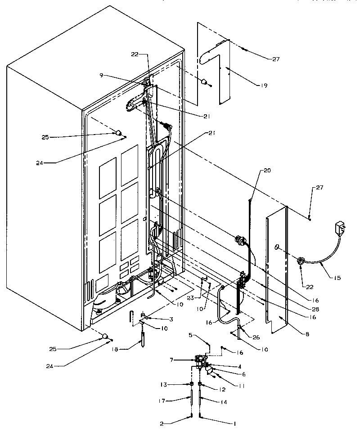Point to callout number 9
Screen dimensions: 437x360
pyautogui.click(x=102, y=75)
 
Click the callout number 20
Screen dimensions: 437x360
pyautogui.click(x=267, y=170)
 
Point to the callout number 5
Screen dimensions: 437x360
pyautogui.click(x=191, y=335)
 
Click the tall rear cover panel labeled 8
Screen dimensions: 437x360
pyautogui.click(x=277, y=270)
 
